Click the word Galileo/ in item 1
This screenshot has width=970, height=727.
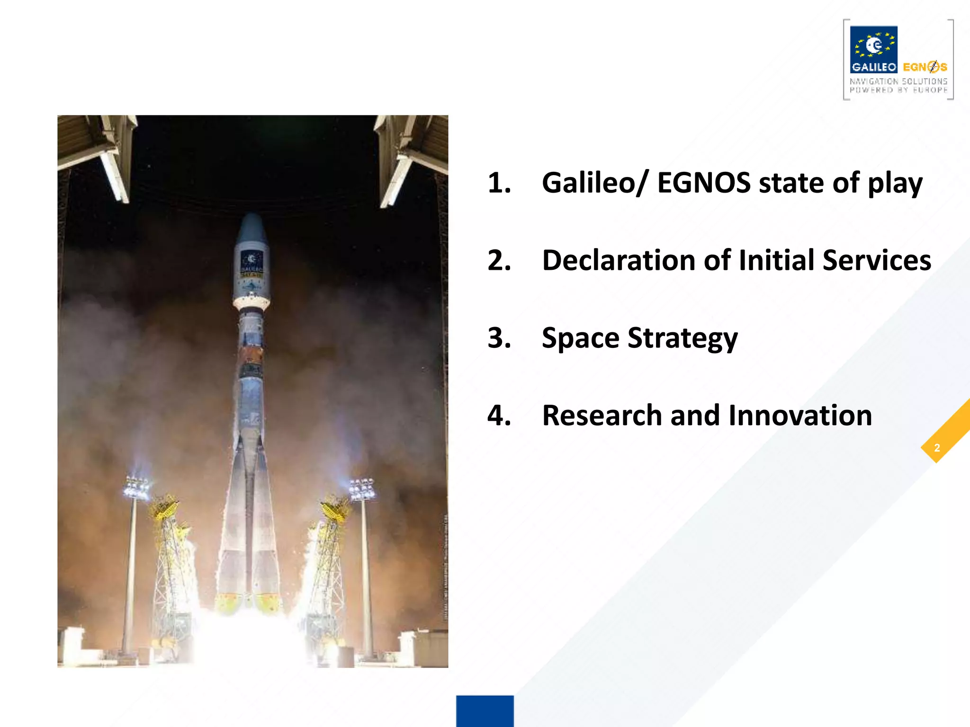594,183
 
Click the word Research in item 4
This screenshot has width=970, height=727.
602,416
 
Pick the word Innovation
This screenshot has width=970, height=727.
800,416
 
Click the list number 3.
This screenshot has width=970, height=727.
499,338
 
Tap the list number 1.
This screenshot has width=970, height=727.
499,183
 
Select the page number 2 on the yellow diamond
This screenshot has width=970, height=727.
936,448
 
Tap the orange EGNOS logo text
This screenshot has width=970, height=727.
925,67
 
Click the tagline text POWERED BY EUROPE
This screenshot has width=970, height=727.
898,90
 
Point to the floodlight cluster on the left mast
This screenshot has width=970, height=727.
136,488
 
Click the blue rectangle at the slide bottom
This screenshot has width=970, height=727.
485,711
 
